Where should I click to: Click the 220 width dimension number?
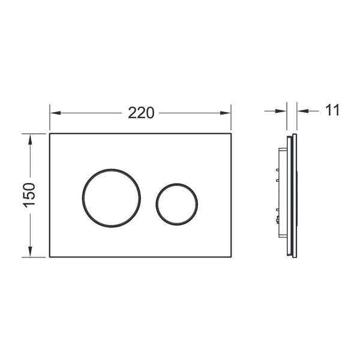click(141, 113)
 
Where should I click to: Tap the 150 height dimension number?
click(29, 195)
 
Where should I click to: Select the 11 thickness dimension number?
click(332, 110)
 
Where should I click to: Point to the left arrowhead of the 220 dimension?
click(55, 113)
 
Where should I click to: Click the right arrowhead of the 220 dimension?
click(225, 113)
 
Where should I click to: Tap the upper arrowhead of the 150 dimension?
click(30, 139)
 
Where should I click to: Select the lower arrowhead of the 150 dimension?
click(30, 251)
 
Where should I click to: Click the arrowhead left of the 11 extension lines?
click(281, 111)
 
